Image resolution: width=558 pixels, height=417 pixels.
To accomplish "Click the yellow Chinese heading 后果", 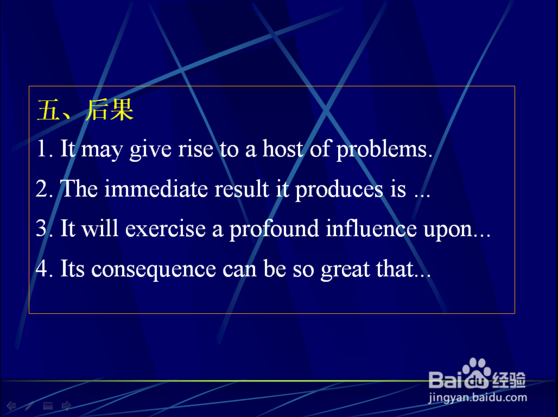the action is coord(109,109).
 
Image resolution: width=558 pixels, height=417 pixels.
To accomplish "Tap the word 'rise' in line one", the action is coord(195,149).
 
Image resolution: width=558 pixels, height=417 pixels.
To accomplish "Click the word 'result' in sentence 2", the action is coord(242,188).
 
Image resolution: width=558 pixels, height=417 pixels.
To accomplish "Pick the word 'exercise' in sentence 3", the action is coord(166,229).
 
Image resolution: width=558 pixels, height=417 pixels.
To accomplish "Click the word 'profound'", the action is coord(274,229).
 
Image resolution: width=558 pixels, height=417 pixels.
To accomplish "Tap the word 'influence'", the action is coord(371,228).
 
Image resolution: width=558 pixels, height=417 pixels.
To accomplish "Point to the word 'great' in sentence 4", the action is coord(345,270).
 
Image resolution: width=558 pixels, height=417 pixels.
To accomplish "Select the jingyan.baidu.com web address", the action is coord(478,398).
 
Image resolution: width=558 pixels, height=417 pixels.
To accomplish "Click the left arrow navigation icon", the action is coord(11,406).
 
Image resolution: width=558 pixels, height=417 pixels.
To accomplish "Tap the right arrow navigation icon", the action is coord(66,406).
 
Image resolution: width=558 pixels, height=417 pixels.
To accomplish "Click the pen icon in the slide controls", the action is coord(30,406).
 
